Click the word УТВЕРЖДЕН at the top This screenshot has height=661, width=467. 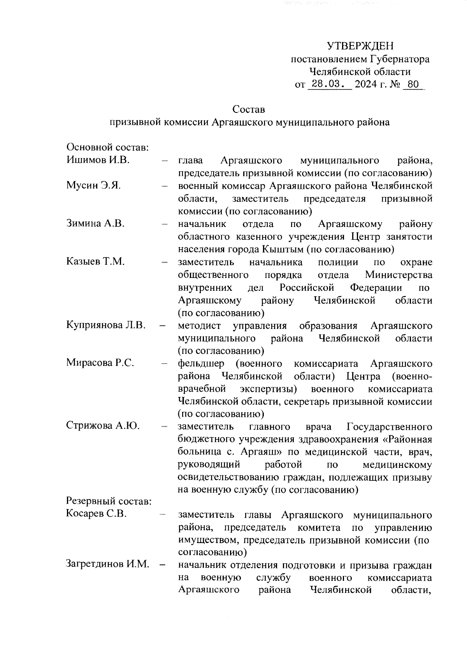click(x=360, y=46)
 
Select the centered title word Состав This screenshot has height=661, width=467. click(x=249, y=109)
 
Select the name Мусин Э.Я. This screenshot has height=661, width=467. click(x=93, y=186)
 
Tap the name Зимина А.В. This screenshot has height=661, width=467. click(x=95, y=224)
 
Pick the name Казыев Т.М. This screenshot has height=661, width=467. click(x=95, y=262)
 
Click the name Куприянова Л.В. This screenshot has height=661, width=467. click(x=106, y=325)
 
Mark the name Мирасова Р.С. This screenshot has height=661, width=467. click(x=100, y=363)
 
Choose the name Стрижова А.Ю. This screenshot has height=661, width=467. click(x=103, y=426)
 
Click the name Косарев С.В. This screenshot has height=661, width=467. click(x=97, y=514)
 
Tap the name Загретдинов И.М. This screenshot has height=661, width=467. click(x=108, y=564)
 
